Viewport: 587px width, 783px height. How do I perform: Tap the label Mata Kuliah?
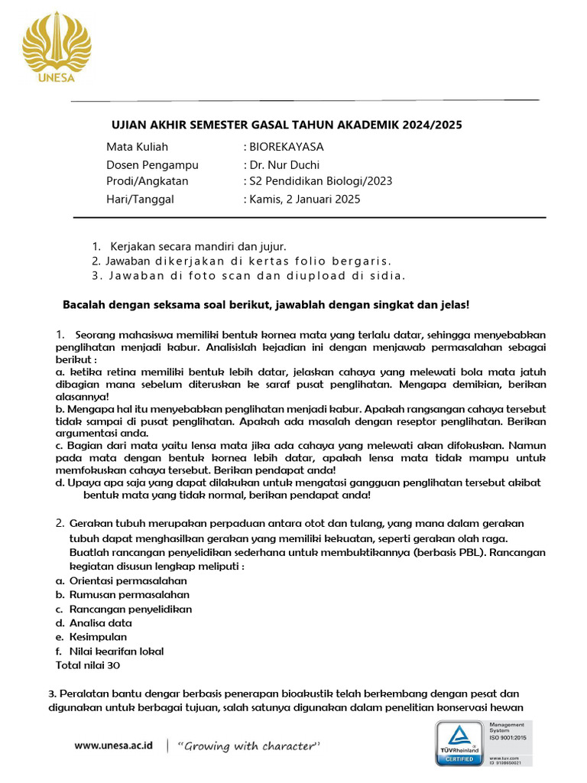click(137, 147)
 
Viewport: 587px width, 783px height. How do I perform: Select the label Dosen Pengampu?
click(152, 164)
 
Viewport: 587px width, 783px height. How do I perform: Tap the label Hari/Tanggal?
click(140, 200)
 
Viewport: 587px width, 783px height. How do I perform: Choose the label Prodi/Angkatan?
click(147, 181)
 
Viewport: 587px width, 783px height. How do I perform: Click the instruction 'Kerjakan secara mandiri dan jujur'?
click(198, 246)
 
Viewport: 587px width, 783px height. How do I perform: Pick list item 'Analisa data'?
click(100, 623)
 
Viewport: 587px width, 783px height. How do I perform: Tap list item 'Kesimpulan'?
click(98, 637)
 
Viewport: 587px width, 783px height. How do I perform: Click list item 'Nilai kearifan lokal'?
click(116, 651)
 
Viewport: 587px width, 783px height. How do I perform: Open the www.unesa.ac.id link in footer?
click(114, 746)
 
